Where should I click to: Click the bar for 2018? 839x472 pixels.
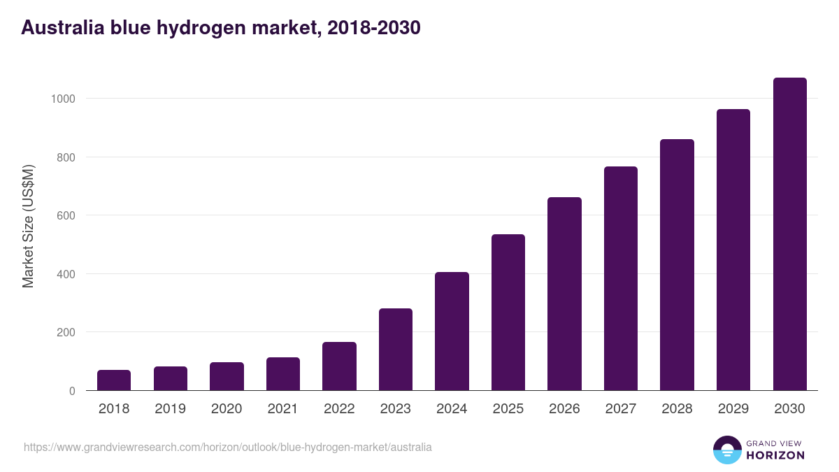(114, 380)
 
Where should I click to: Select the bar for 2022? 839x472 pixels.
(339, 366)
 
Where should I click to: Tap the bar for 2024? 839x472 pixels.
(452, 331)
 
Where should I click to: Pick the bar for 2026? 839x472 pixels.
(564, 294)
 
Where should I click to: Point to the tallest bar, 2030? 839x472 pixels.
(789, 234)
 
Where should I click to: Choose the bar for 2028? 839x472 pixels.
(677, 265)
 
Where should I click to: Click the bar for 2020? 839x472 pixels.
(227, 376)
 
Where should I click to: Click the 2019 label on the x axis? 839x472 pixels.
(171, 409)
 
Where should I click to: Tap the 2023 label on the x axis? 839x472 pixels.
(396, 409)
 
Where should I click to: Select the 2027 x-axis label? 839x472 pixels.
(621, 409)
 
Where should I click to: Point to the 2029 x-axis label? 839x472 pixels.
(733, 409)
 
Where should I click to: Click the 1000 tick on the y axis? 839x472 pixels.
(63, 99)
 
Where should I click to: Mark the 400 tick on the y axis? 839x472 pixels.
(66, 274)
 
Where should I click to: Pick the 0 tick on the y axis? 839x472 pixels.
(72, 391)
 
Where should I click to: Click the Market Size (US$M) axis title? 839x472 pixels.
(28, 226)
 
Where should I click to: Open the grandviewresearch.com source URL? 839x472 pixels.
(228, 447)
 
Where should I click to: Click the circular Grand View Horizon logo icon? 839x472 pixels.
(726, 450)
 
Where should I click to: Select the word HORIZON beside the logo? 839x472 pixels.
(775, 455)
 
